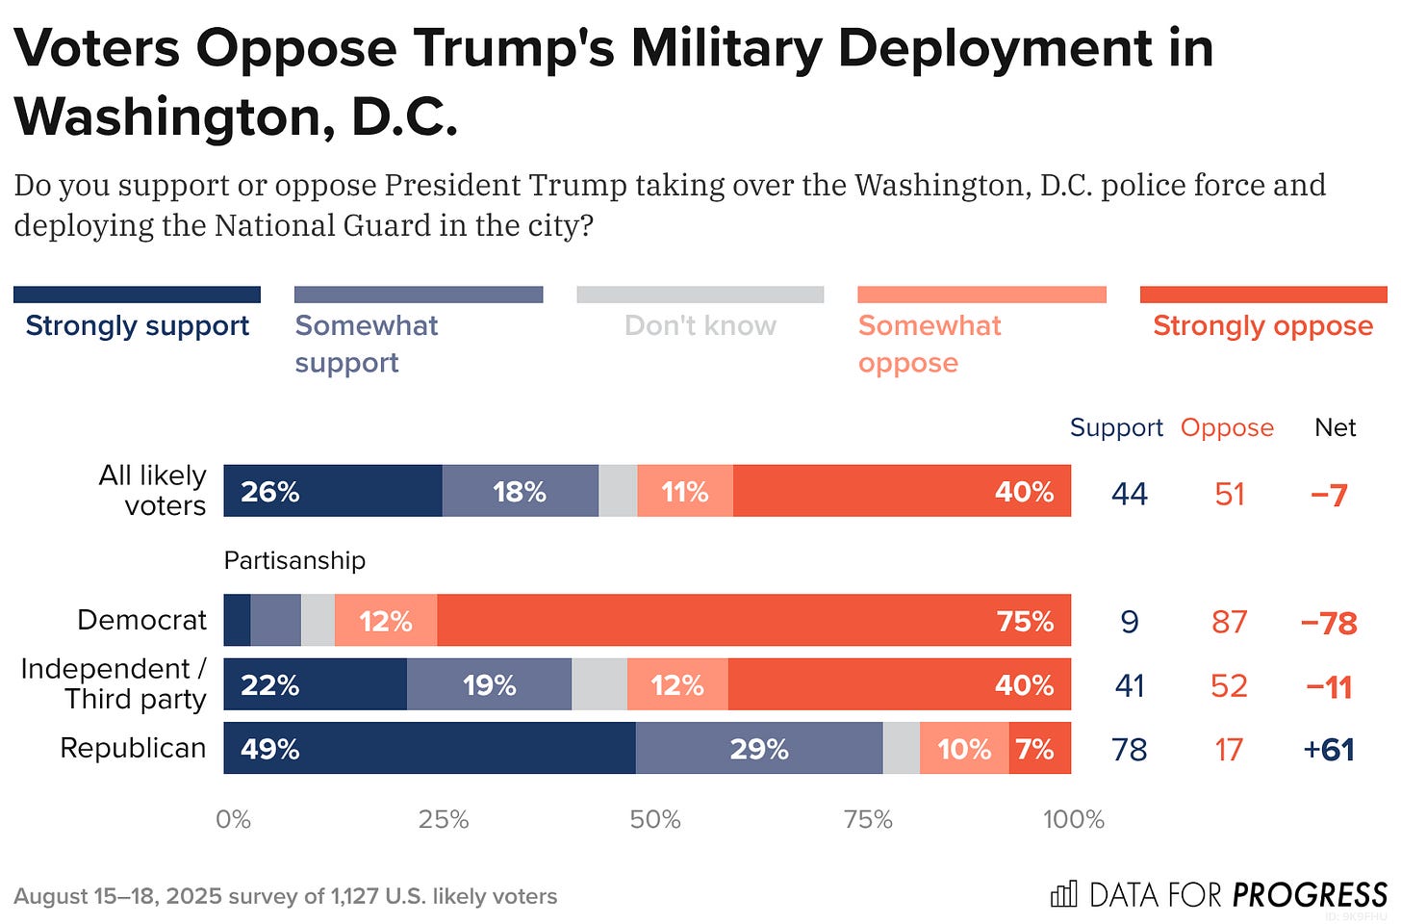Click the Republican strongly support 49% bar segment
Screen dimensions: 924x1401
click(x=429, y=748)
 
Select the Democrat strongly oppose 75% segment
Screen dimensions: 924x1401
click(x=753, y=620)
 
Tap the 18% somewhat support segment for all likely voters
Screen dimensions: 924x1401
click(x=520, y=492)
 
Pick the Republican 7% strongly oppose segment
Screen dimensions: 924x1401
click(x=1039, y=748)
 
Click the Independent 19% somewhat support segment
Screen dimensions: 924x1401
click(x=489, y=684)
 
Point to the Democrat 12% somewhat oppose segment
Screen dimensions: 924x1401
click(x=386, y=620)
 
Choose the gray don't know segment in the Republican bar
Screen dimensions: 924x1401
click(x=901, y=748)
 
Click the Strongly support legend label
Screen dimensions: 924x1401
click(x=137, y=325)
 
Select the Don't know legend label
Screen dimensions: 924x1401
click(x=700, y=325)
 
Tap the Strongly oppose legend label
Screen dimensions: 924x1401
click(x=1262, y=325)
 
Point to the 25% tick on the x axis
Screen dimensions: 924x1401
click(x=444, y=819)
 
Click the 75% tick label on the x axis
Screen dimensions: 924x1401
click(x=867, y=819)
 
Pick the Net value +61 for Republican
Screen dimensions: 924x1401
click(x=1329, y=749)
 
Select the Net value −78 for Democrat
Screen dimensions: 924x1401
click(x=1329, y=622)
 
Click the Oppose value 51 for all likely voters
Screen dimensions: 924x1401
click(x=1230, y=494)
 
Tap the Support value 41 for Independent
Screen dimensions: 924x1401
click(x=1130, y=685)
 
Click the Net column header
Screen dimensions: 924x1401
click(x=1335, y=427)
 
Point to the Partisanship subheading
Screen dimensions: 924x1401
click(x=294, y=560)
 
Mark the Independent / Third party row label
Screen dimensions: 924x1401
click(x=114, y=683)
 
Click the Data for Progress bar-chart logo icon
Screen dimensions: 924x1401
click(x=1063, y=894)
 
